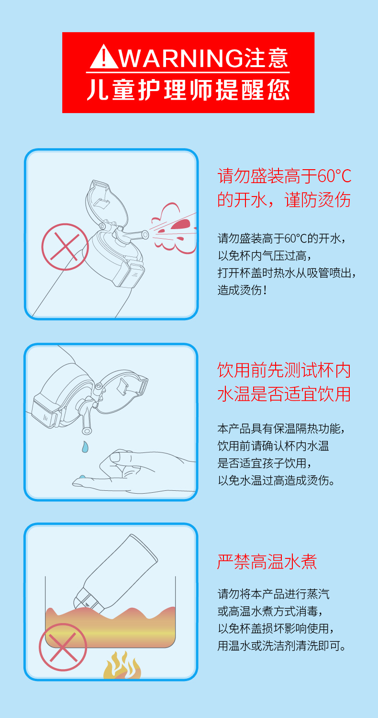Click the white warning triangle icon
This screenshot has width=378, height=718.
104,57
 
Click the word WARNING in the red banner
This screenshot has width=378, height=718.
181,58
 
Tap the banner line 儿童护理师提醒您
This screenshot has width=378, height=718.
189,90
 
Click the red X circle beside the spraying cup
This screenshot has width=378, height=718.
65,246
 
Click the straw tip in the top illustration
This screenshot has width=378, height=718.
145,235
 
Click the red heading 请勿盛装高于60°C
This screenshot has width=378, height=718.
284,176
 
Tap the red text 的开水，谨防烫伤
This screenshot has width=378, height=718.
284,200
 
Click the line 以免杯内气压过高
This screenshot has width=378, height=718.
264,256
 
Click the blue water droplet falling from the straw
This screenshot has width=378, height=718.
85,447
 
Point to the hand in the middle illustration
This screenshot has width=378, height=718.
134,472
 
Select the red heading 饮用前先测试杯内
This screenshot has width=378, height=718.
284,370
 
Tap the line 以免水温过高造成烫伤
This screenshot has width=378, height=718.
276,480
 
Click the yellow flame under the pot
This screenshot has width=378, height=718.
122,665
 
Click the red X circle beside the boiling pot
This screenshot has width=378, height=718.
63,647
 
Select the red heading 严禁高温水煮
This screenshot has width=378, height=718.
267,562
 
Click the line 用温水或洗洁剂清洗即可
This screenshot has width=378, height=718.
282,646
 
